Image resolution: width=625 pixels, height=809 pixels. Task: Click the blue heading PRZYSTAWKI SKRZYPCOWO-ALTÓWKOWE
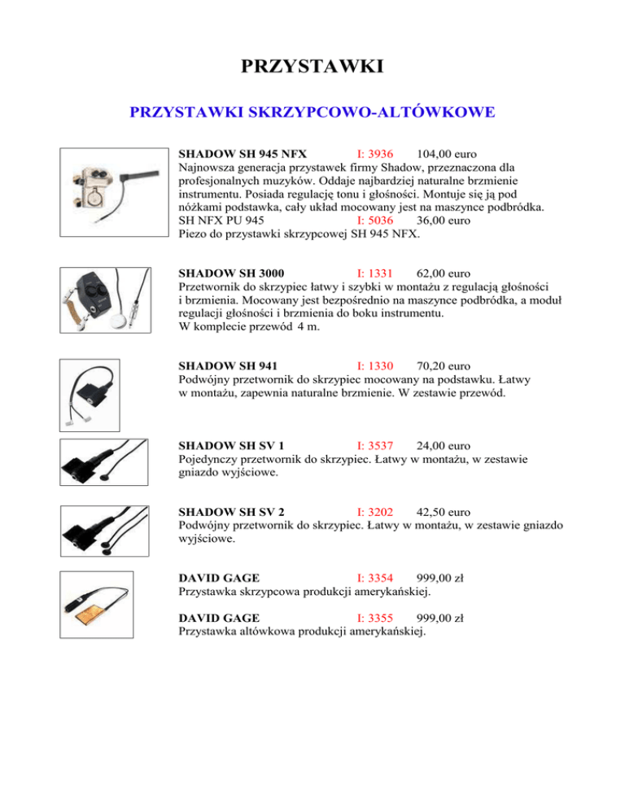pos(312,112)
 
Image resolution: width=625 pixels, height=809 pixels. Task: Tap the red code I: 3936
pos(375,154)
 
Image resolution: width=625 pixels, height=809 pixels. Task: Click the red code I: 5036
pos(375,220)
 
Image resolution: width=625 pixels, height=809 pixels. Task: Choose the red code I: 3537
pos(375,446)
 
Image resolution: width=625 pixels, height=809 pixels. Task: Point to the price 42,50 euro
pos(443,513)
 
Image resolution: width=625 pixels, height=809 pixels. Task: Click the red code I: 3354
pos(375,579)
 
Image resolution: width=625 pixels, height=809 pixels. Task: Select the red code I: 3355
pos(375,618)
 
